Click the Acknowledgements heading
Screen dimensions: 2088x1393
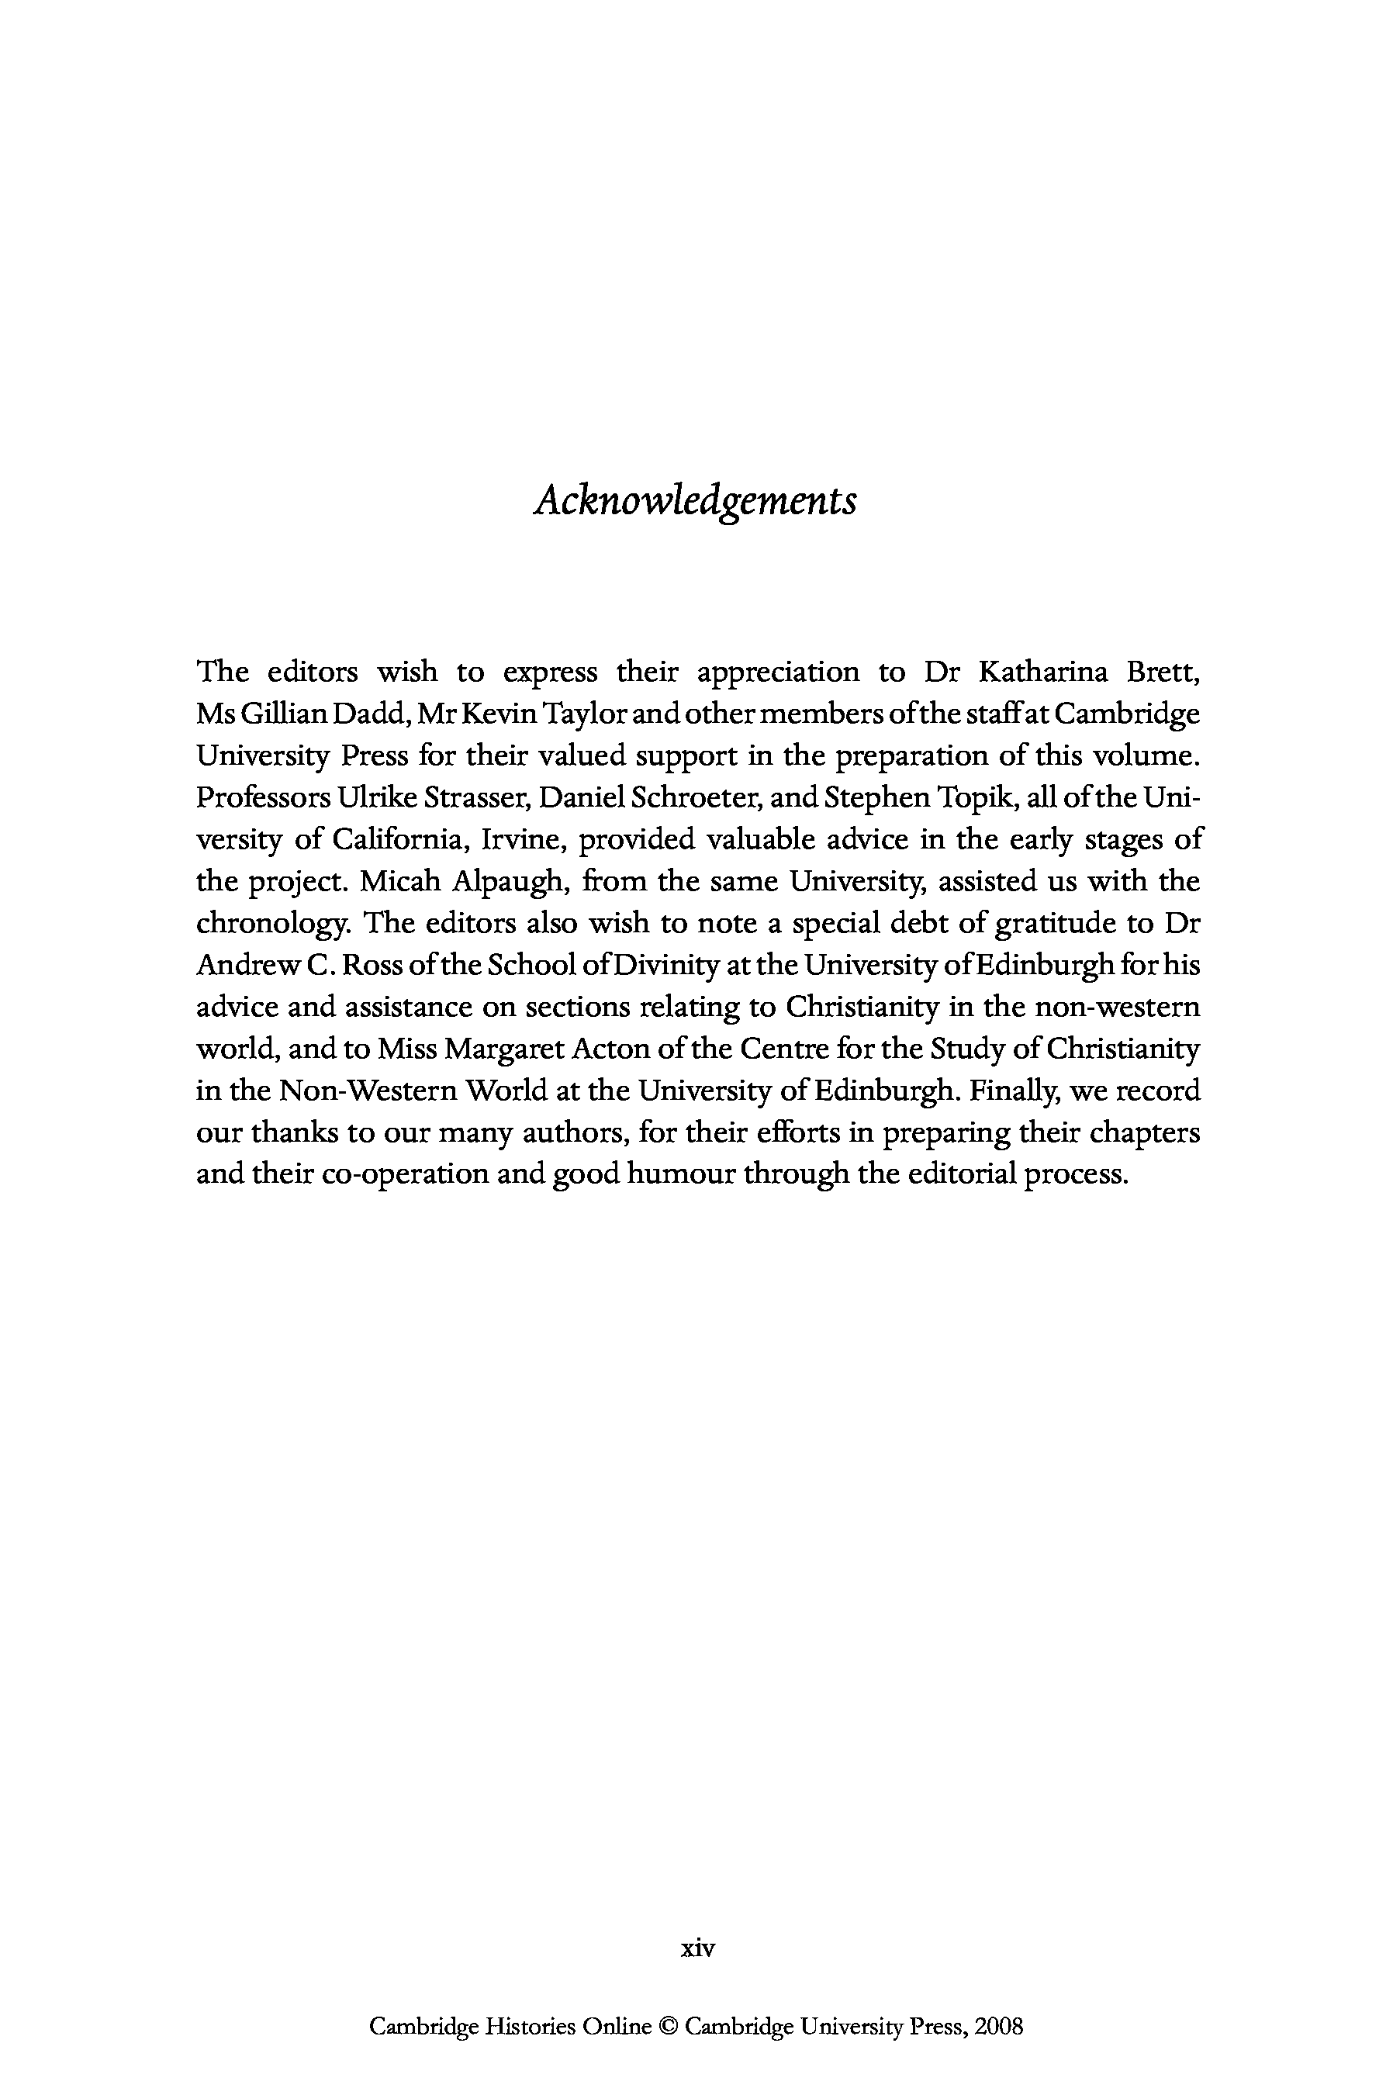[x=696, y=501]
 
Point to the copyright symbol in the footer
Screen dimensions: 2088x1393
[x=668, y=2028]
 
